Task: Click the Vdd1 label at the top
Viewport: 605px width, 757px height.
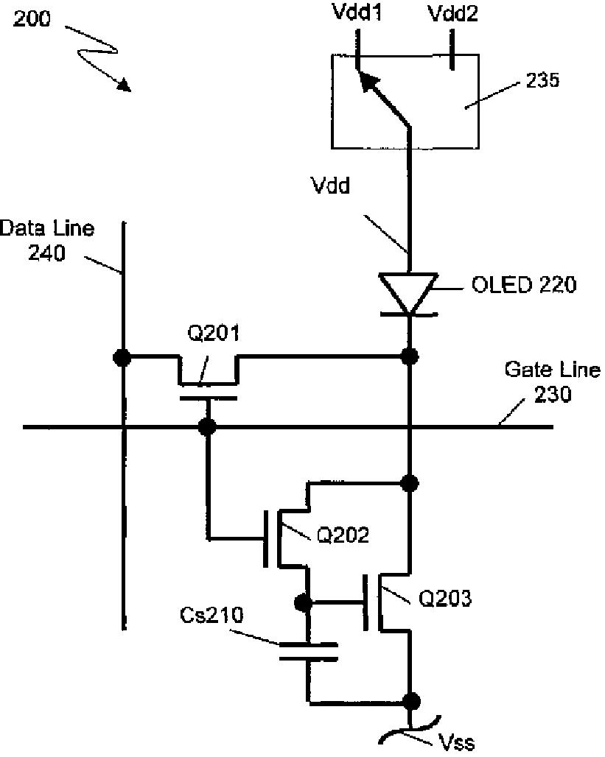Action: point(357,12)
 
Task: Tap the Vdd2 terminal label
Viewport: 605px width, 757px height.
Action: point(453,13)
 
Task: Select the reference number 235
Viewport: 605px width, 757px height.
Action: point(542,80)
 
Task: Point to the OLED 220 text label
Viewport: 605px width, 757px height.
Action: point(524,284)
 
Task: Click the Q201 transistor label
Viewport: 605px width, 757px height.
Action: point(213,333)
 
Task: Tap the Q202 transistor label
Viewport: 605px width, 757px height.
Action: point(343,535)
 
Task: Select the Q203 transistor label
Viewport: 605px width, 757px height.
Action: point(444,599)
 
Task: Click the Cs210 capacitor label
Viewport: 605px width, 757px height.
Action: point(211,616)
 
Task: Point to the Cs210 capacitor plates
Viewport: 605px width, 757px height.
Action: point(308,651)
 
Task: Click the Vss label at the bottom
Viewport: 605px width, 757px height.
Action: point(456,742)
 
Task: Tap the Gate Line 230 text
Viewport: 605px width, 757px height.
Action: point(553,382)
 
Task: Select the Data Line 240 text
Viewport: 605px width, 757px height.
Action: point(47,240)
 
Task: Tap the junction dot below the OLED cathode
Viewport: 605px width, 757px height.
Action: point(410,357)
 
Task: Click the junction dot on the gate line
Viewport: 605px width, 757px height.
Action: point(208,427)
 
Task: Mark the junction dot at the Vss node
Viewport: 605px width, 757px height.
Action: point(412,702)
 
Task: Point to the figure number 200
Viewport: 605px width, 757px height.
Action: point(32,18)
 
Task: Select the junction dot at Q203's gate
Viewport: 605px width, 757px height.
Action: point(302,603)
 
